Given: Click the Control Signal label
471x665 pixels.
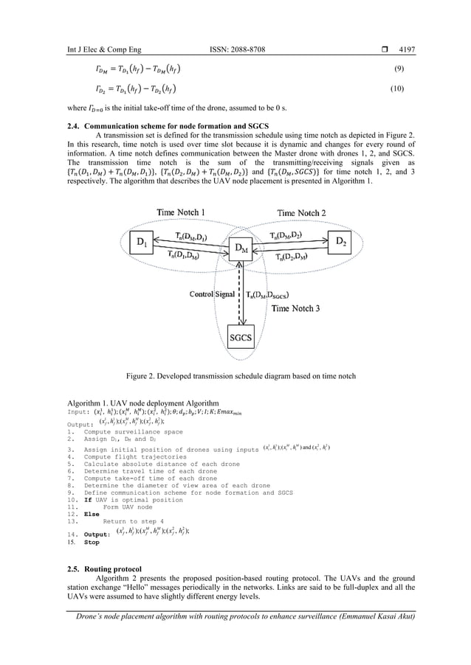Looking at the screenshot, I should point(213,295).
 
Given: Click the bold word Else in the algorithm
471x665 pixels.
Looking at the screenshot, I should point(92,515).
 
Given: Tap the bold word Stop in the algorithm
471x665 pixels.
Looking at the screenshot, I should point(92,542).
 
